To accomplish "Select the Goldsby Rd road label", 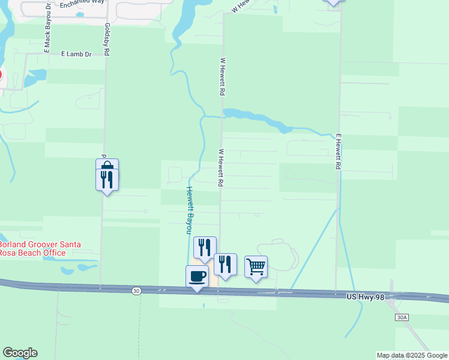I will (x=106, y=40).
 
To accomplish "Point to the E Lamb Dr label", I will (x=76, y=54).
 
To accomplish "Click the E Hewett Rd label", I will (x=339, y=151).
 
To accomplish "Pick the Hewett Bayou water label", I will (x=188, y=209).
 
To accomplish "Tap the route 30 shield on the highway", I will (x=136, y=290).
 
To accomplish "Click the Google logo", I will (x=20, y=353).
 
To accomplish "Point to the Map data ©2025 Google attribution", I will (x=412, y=355).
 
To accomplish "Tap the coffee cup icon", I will (x=197, y=277).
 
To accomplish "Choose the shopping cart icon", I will (x=256, y=266).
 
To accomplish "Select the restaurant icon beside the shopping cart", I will (x=225, y=264).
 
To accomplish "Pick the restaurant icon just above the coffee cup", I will (x=205, y=247).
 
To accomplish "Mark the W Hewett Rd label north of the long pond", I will (x=222, y=77).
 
